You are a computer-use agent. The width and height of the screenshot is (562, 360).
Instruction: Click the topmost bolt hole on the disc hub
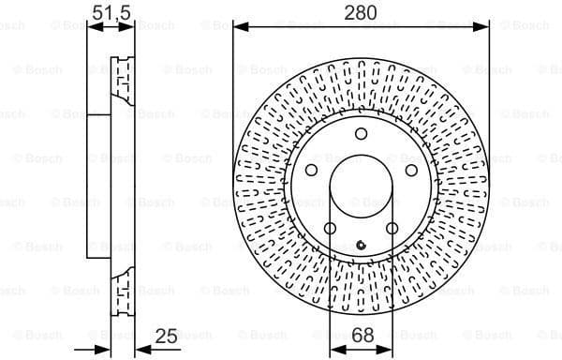361,135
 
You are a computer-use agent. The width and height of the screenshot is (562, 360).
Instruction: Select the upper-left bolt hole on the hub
310,171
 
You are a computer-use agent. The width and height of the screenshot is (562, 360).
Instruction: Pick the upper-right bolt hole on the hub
410,171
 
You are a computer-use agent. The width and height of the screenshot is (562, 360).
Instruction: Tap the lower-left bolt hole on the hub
330,229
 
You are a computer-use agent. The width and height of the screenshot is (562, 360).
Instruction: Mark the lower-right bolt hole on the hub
392,229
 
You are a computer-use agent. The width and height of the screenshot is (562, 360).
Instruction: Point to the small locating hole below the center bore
361,246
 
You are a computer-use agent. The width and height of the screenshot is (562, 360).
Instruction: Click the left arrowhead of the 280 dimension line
238,27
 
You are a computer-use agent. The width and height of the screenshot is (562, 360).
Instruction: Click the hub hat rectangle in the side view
98,187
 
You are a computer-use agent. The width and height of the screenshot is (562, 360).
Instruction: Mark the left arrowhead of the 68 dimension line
334,349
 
